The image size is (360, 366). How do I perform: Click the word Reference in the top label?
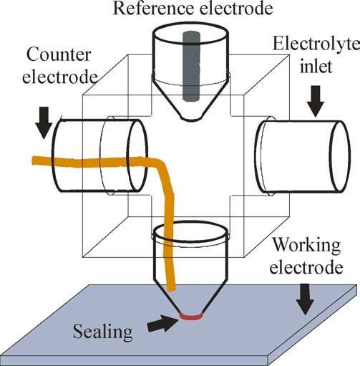[x=152, y=8]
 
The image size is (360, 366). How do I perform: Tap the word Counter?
[x=59, y=55]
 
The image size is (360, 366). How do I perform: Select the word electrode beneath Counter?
[x=59, y=77]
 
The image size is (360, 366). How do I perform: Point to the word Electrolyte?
[x=316, y=44]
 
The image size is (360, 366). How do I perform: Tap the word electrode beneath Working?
[x=306, y=267]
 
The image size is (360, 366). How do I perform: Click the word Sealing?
[x=102, y=332]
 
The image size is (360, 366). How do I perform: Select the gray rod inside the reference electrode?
[x=191, y=66]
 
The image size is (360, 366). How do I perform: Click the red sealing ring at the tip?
[x=191, y=316]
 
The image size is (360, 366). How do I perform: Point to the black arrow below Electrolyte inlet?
[x=316, y=101]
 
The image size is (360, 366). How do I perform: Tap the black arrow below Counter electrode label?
[x=44, y=122]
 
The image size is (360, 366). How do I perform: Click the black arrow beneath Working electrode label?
[x=304, y=299]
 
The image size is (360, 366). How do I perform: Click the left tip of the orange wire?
[x=33, y=160]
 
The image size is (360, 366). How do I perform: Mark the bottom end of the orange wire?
[x=172, y=290]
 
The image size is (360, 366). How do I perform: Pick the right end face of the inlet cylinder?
[x=340, y=156]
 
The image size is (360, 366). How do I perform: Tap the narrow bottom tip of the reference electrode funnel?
[x=192, y=119]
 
